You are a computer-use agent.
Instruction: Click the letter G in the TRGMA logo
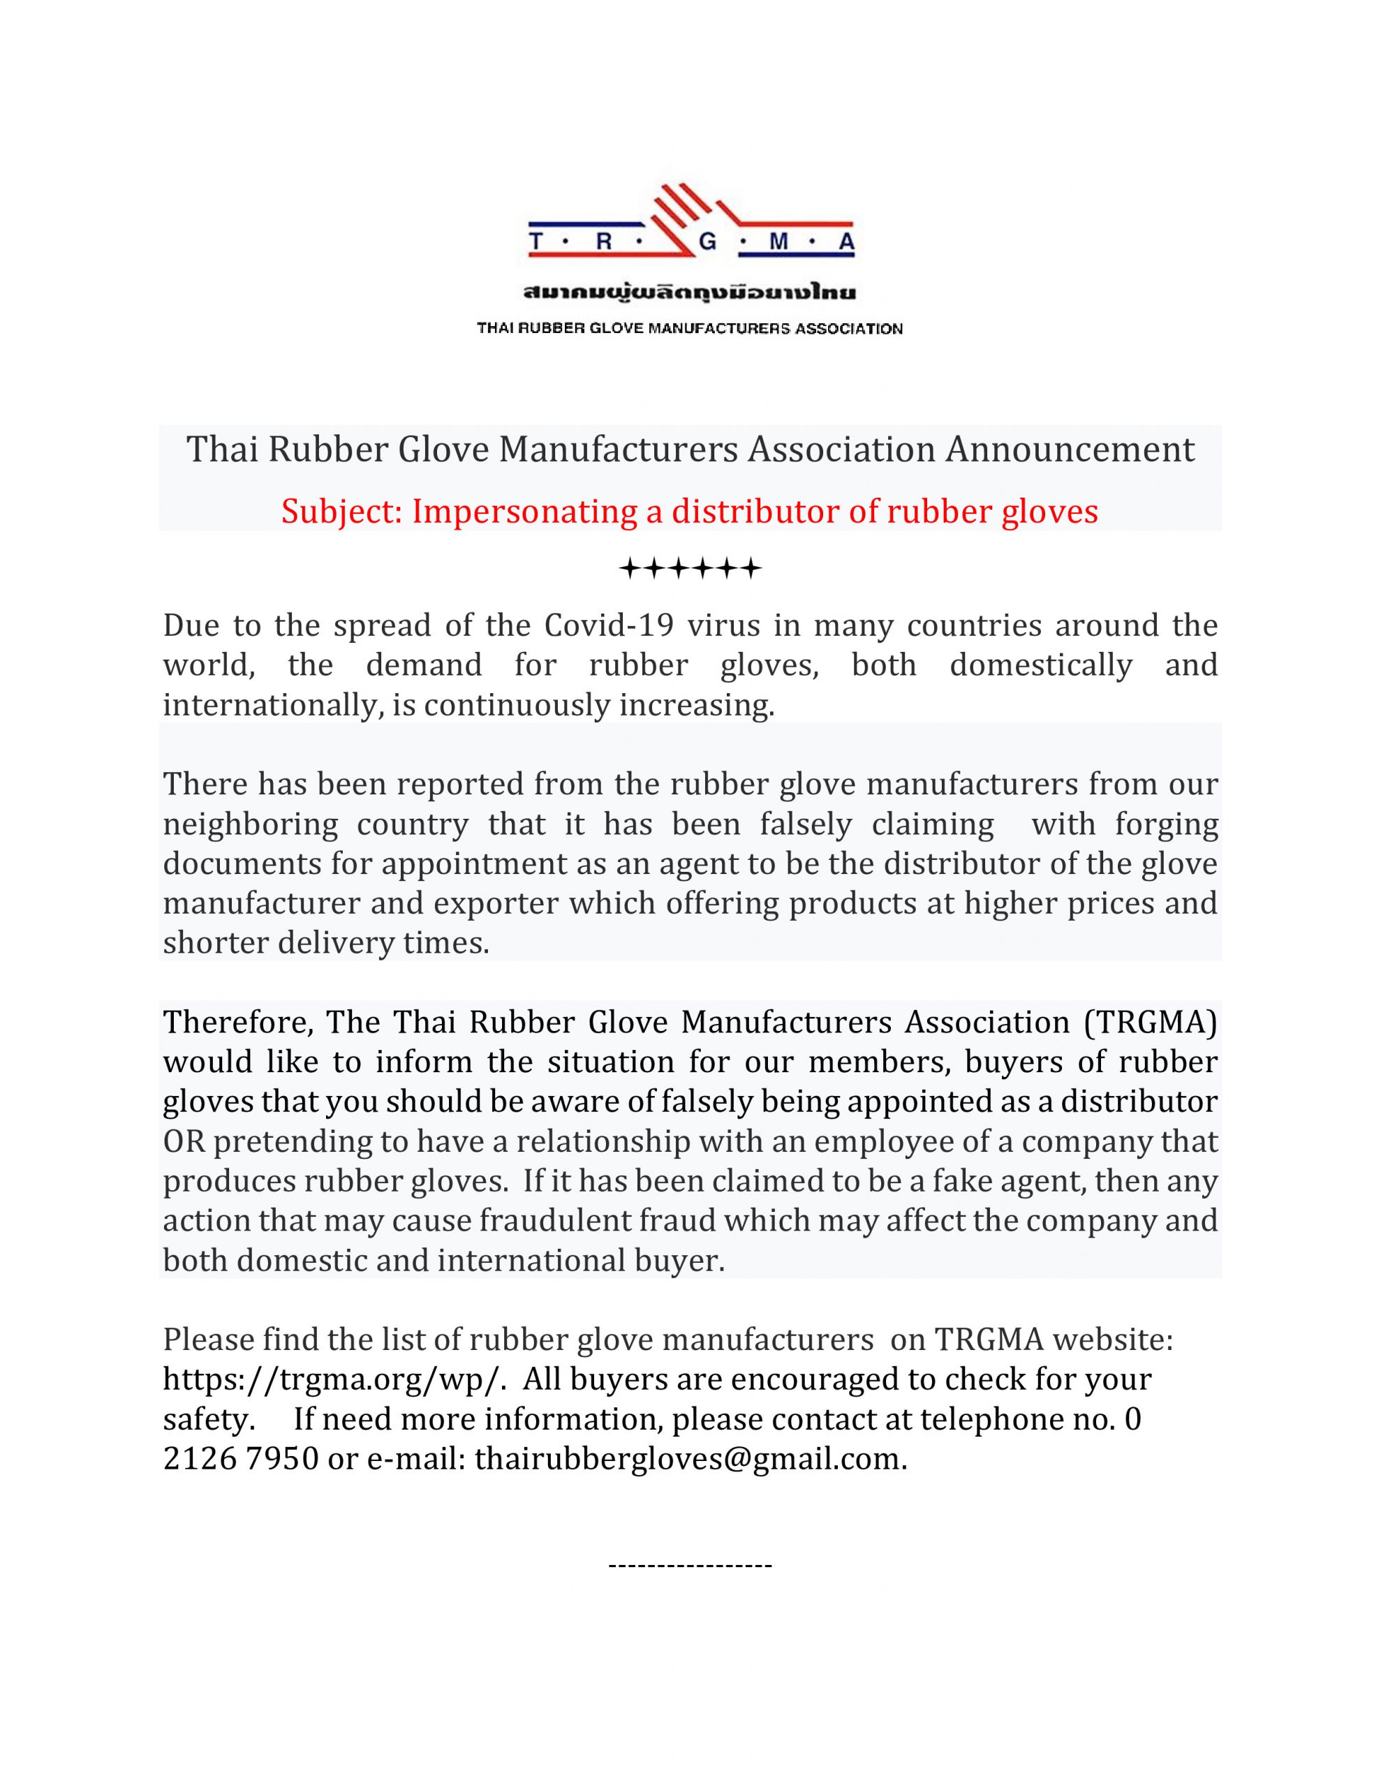tap(707, 242)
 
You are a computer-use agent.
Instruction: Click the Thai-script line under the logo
tap(690, 292)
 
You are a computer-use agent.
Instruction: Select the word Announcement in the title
tap(1070, 450)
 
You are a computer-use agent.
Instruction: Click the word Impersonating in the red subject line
tap(524, 512)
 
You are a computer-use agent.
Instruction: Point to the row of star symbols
tap(690, 568)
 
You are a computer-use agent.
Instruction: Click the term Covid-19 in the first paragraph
tap(609, 626)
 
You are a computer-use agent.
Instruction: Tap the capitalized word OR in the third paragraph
tap(184, 1141)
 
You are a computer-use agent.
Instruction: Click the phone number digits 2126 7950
tap(241, 1459)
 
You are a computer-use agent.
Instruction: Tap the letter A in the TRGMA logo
tap(845, 242)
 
